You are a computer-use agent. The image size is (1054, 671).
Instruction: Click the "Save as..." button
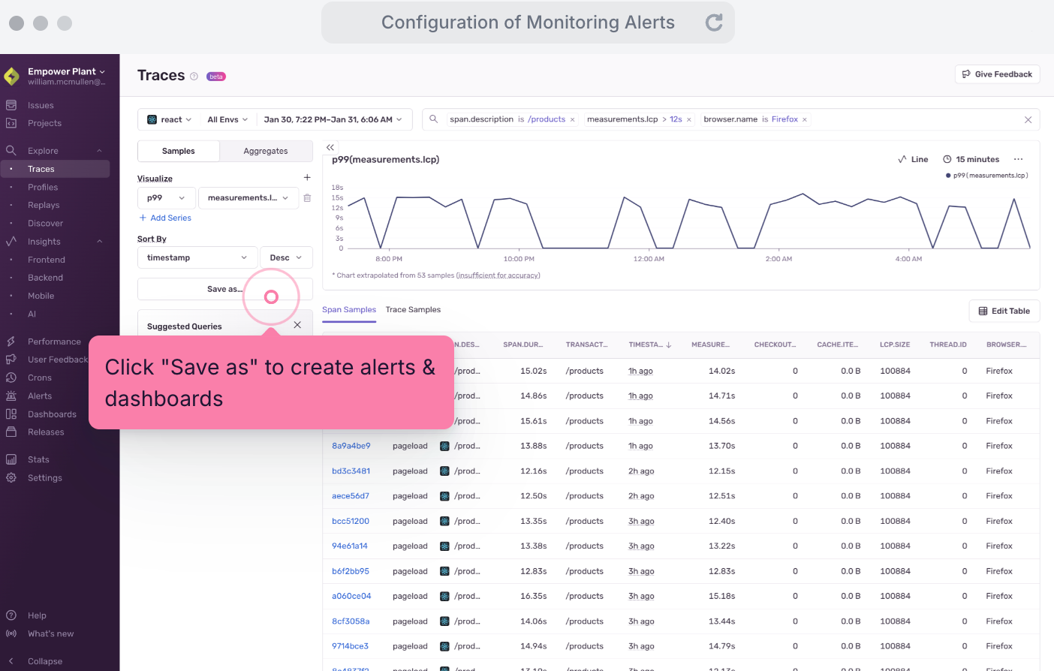click(x=224, y=289)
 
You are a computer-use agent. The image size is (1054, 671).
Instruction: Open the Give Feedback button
click(x=997, y=74)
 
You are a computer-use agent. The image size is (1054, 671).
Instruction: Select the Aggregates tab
click(x=266, y=151)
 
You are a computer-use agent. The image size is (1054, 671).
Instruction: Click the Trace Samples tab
click(x=413, y=310)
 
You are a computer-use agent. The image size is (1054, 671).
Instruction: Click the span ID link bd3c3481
click(x=351, y=471)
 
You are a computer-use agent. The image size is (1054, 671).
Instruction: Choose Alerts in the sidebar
click(x=40, y=396)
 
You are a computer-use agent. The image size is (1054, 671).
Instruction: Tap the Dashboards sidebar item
click(x=52, y=414)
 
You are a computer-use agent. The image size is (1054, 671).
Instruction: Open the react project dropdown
click(x=170, y=119)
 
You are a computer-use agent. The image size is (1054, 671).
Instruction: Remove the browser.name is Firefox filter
click(x=805, y=119)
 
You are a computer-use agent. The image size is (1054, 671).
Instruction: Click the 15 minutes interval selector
click(x=971, y=159)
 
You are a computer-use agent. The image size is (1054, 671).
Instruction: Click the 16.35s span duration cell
click(x=533, y=597)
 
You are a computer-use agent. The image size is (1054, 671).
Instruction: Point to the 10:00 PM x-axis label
click(x=519, y=259)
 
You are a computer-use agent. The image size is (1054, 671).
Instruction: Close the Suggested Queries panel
click(x=297, y=325)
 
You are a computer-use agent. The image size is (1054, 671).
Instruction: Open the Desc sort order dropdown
click(x=285, y=257)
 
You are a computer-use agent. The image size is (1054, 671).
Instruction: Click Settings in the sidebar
click(x=44, y=478)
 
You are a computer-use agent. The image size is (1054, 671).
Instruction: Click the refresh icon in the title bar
click(x=714, y=23)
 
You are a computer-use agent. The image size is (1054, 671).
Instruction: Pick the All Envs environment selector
click(x=227, y=119)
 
